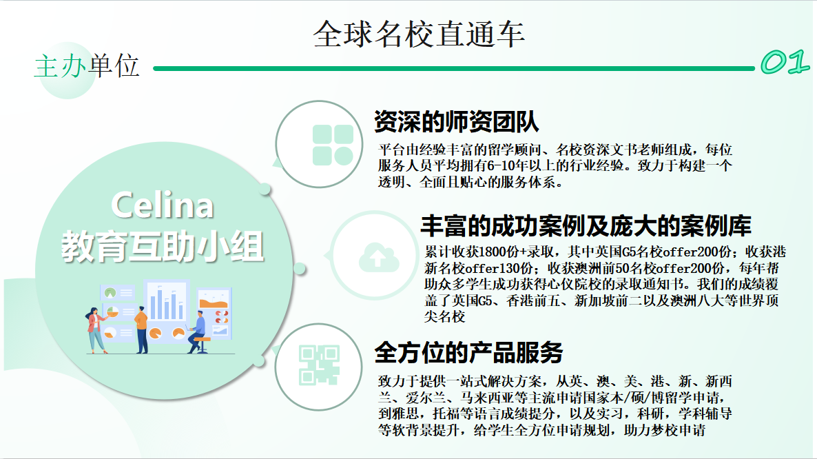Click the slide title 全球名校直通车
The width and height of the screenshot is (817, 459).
pyautogui.click(x=419, y=34)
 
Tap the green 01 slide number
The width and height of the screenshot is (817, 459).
pyautogui.click(x=785, y=63)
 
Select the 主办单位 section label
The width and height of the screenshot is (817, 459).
pyautogui.click(x=87, y=66)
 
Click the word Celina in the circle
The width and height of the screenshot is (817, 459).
pyautogui.click(x=162, y=205)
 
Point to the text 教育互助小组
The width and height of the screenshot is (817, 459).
pyautogui.click(x=163, y=247)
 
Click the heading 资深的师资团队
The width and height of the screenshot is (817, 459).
pyautogui.click(x=457, y=121)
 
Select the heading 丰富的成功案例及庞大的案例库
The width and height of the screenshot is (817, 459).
pyautogui.click(x=586, y=225)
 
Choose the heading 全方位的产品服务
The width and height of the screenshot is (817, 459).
pyautogui.click(x=468, y=353)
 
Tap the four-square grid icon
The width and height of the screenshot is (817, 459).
pyautogui.click(x=333, y=145)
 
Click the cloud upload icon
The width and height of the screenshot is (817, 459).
pyautogui.click(x=379, y=257)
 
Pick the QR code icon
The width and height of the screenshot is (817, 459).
pyautogui.click(x=319, y=365)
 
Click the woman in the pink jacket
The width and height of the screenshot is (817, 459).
pyautogui.click(x=96, y=330)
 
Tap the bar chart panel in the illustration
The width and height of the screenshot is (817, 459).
pyautogui.click(x=166, y=302)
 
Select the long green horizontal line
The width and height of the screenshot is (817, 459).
pyautogui.click(x=454, y=68)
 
